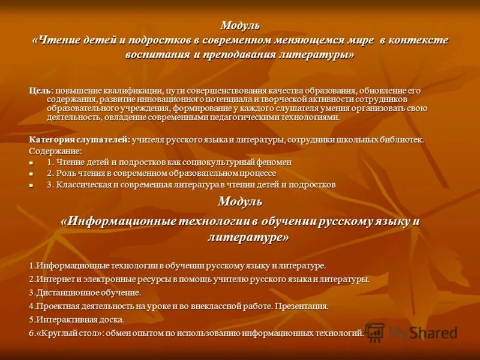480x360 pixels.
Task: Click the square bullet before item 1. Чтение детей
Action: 32,163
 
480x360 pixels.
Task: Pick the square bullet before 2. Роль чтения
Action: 32,174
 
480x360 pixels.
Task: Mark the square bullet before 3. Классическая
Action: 32,185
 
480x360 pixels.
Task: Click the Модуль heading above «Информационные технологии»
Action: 240,201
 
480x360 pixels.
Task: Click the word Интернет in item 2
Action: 53,280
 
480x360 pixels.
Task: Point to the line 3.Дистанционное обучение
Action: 85,293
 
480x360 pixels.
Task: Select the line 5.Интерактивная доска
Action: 77,320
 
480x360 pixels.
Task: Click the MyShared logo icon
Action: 375,332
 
